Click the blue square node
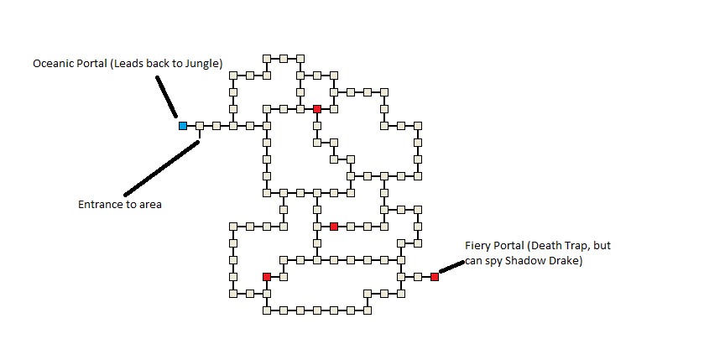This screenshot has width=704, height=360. coord(182,126)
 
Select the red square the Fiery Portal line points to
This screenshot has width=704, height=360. coord(435,277)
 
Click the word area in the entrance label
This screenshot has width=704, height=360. coord(151,204)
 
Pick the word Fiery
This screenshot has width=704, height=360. coord(478,246)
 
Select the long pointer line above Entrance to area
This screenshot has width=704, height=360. coord(161,168)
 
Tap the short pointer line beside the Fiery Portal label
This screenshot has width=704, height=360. coord(451,265)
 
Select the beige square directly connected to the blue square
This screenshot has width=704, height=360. coord(200,126)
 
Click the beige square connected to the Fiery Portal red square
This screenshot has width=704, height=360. coord(418,277)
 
